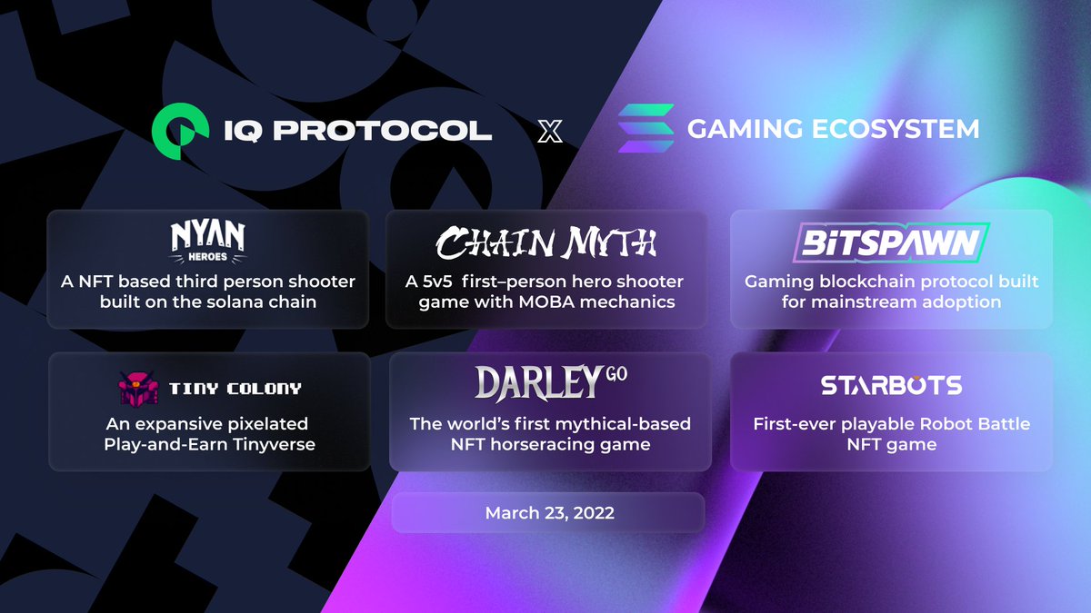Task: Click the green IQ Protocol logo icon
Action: click(x=177, y=129)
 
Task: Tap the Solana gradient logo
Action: click(x=646, y=129)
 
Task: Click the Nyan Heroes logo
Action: click(x=208, y=240)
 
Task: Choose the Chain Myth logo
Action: click(x=545, y=242)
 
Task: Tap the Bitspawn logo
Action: click(x=891, y=242)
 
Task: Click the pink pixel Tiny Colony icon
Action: click(x=139, y=389)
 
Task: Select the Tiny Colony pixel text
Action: click(x=235, y=389)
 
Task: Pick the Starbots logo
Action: click(x=891, y=385)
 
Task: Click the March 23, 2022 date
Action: click(x=549, y=513)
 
